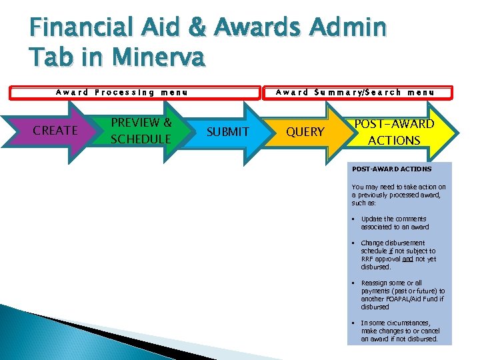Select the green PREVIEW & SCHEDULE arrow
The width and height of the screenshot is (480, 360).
click(141, 131)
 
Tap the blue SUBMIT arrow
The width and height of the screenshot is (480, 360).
click(227, 132)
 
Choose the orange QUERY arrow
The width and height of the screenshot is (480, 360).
click(305, 132)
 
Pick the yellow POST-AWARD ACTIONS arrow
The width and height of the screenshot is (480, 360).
click(394, 132)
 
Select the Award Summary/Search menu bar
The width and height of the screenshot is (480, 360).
click(355, 93)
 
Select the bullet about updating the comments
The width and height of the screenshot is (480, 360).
click(394, 223)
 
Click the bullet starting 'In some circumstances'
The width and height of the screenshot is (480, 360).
click(399, 331)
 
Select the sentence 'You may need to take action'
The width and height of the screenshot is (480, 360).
click(399, 195)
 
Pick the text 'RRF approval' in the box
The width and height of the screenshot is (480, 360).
click(381, 259)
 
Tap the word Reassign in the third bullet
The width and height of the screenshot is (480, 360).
click(374, 283)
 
